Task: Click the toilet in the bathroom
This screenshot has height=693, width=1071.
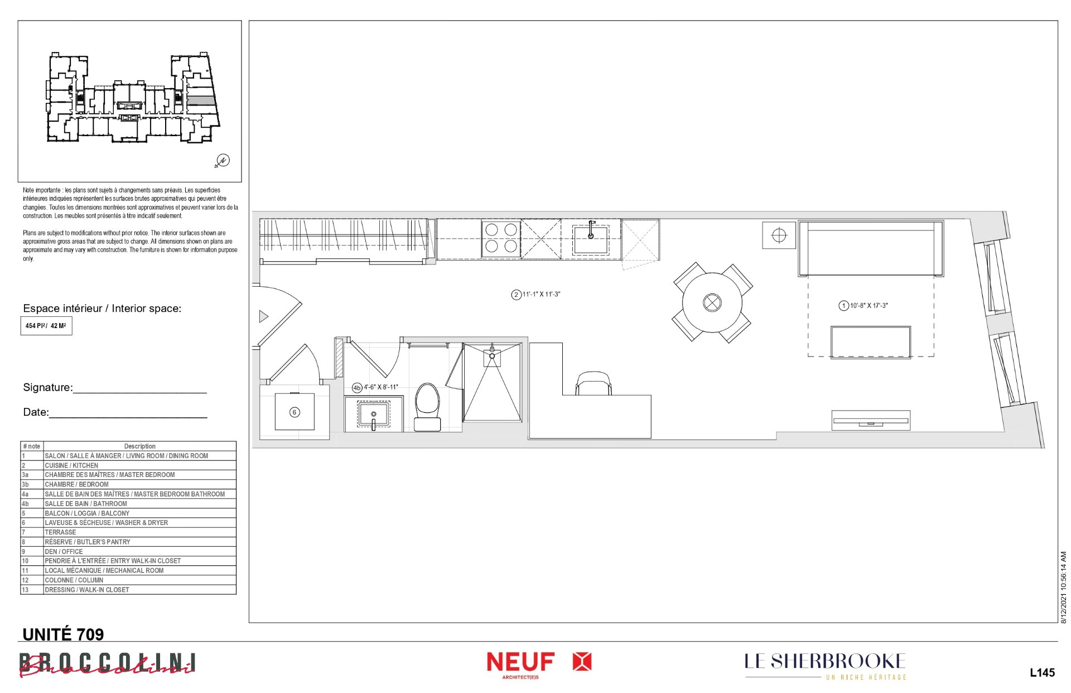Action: tap(427, 407)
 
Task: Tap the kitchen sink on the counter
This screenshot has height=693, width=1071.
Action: tap(590, 239)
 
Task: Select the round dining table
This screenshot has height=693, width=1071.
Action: tap(712, 302)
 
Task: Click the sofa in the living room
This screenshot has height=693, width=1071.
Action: tap(871, 248)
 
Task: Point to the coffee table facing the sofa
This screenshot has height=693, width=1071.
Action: tap(871, 342)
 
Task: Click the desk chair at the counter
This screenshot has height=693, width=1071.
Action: tap(594, 383)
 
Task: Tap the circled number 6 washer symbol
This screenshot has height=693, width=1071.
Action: tap(295, 412)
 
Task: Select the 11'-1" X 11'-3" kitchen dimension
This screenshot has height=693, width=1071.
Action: tap(535, 295)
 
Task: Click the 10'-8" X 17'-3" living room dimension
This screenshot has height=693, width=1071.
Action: tap(863, 306)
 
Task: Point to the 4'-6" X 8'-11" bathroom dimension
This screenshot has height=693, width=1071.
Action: tap(375, 387)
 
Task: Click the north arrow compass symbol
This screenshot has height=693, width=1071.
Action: tap(222, 161)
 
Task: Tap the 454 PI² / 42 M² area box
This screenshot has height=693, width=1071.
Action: tap(46, 326)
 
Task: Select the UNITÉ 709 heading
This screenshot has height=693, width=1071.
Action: tap(63, 634)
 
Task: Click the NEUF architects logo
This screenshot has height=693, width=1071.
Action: tap(539, 665)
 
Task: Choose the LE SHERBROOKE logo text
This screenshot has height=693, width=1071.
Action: tap(825, 662)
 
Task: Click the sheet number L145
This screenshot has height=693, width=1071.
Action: tap(1042, 672)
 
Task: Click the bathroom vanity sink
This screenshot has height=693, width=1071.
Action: tap(374, 415)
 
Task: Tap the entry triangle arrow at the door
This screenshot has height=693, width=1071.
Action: tap(263, 317)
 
